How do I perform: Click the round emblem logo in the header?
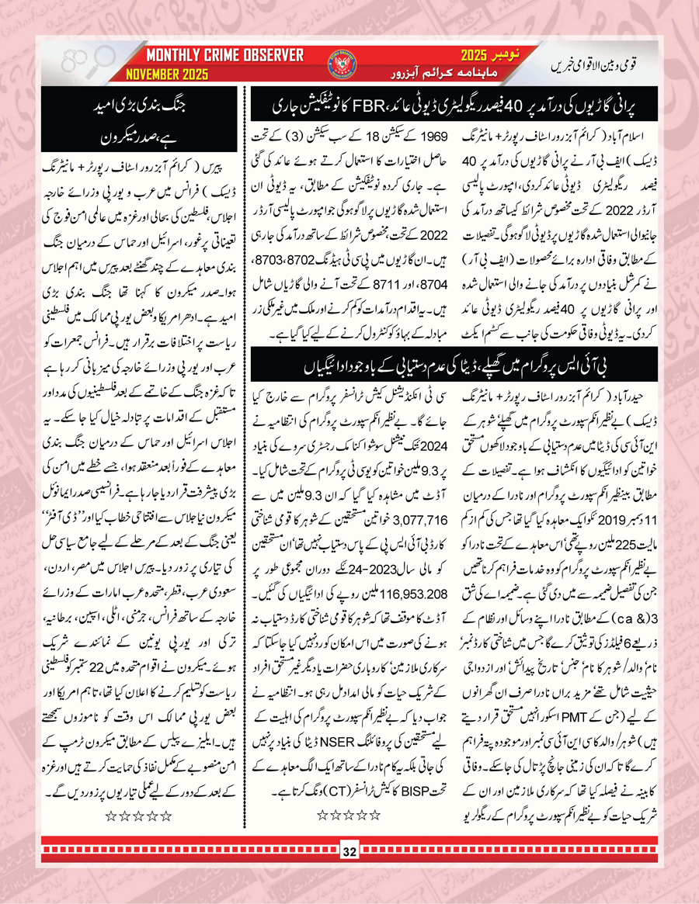click(x=348, y=65)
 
